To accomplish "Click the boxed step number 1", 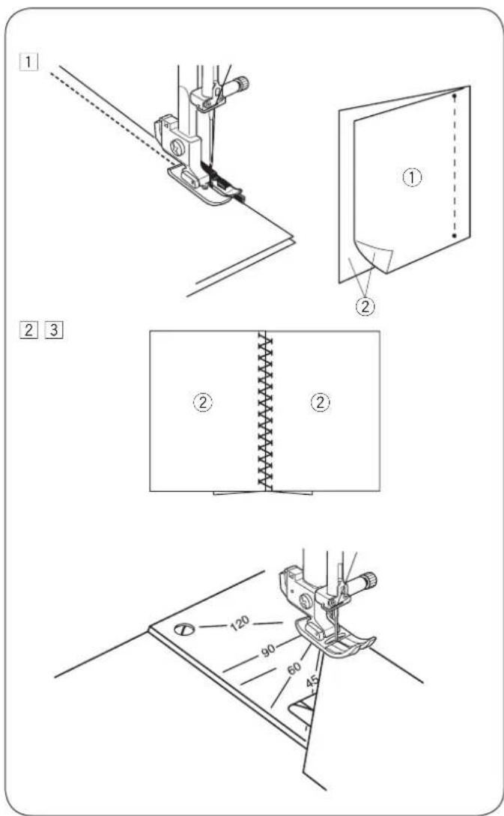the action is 28,62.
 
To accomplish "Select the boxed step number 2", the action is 28,330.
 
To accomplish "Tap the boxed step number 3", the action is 54,330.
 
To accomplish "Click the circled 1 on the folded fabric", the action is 413,177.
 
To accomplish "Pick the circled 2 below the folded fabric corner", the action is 365,306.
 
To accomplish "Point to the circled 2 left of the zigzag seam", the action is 203,402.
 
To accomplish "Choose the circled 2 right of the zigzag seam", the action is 321,402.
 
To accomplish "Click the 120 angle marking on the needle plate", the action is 240,622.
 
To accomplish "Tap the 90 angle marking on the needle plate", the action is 268,650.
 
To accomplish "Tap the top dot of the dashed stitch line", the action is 455,97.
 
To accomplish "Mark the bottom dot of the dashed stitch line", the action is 455,236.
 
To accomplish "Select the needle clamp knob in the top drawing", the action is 241,83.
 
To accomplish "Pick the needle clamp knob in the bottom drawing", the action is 368,579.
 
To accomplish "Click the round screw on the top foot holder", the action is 177,147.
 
